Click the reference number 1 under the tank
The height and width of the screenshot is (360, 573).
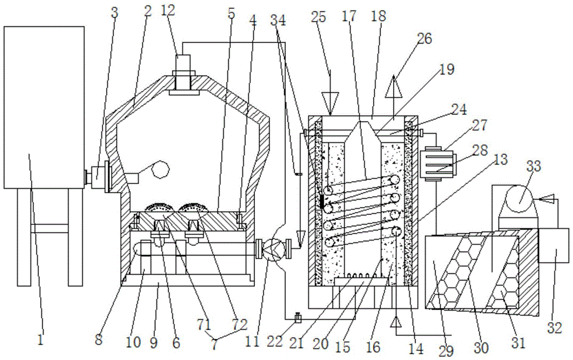41,339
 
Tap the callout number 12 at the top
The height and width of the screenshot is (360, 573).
168,10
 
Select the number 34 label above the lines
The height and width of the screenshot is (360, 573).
278,21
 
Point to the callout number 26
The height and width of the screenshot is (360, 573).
424,38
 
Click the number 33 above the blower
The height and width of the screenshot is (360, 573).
533,166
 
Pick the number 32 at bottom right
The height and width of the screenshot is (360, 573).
554,328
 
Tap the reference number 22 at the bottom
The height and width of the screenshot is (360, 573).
275,341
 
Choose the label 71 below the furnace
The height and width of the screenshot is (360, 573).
205,324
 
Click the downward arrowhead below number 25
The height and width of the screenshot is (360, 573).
331,103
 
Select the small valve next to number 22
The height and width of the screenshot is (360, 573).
298,318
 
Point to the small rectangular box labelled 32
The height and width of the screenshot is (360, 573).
553,245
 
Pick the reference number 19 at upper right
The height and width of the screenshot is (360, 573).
446,69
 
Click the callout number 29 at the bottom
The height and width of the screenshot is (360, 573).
446,351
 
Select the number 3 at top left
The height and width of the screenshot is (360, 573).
115,13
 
